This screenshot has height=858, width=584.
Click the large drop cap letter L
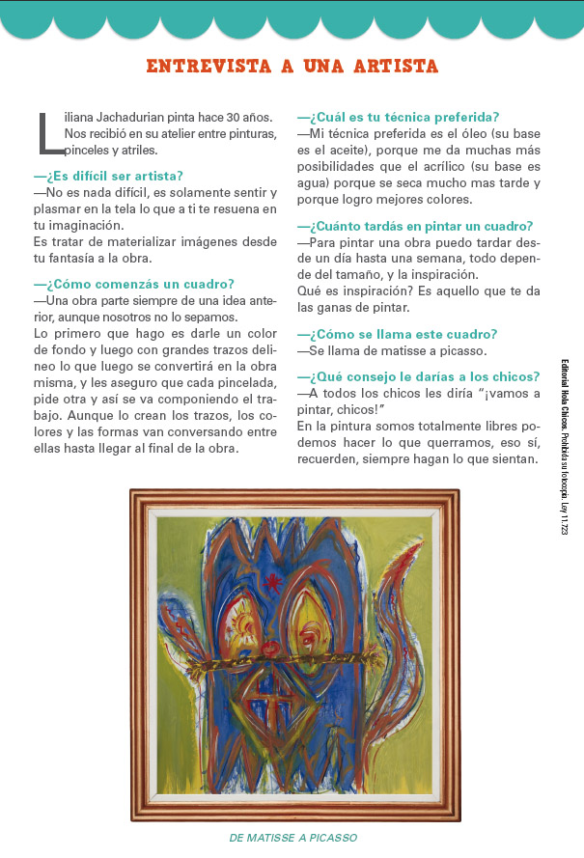click(48, 133)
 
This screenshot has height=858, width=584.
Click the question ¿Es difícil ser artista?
click(108, 176)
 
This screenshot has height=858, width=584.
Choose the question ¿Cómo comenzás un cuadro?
click(133, 284)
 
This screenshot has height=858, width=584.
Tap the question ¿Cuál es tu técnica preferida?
click(398, 118)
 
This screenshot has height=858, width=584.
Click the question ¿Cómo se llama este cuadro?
click(398, 334)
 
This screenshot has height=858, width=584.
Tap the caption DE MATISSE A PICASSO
click(293, 838)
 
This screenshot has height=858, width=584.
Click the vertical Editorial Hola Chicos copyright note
click(564, 444)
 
